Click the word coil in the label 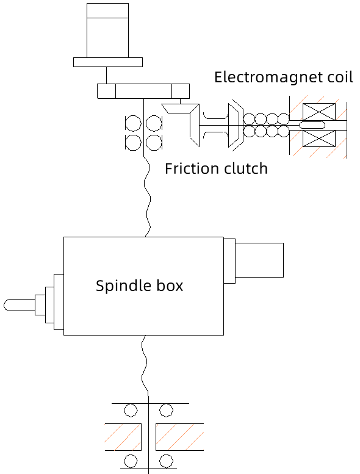[x=340, y=77]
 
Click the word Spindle [x=124, y=286]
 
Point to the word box [x=170, y=286]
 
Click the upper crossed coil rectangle [x=319, y=112]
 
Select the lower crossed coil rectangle [x=319, y=138]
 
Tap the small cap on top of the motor [x=107, y=10]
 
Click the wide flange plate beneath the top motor [x=108, y=62]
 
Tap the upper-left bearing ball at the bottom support [x=131, y=411]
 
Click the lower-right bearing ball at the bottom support [x=166, y=461]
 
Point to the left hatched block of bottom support [x=123, y=437]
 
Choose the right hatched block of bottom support [x=179, y=437]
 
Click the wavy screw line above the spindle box [x=147, y=197]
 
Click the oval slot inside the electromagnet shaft [x=312, y=125]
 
